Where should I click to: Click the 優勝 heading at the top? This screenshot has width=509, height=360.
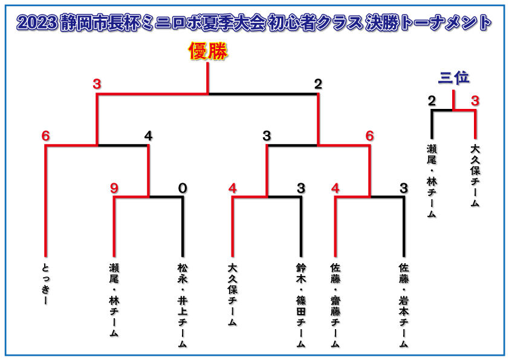(x=208, y=51)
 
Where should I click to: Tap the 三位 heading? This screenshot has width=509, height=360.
(x=453, y=78)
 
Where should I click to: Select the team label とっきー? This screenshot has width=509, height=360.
(x=46, y=284)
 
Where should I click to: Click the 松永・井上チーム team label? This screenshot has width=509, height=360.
(x=183, y=306)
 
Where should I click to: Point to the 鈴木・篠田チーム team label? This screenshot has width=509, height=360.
(x=301, y=306)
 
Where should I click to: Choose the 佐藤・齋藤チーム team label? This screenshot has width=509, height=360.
(x=336, y=306)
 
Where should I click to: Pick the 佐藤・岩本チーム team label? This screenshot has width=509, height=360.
(x=404, y=306)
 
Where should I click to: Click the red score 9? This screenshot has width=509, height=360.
(x=114, y=188)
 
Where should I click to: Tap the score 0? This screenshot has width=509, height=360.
(x=183, y=188)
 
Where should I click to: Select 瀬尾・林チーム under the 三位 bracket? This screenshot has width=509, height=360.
(x=432, y=181)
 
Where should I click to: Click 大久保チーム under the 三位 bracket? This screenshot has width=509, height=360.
(x=475, y=176)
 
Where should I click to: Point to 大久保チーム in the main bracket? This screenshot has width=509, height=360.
(x=232, y=295)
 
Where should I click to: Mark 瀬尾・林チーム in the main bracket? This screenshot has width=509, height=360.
(x=114, y=300)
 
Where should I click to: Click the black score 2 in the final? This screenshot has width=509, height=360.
(x=318, y=84)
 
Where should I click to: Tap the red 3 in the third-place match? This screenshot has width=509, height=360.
(x=475, y=101)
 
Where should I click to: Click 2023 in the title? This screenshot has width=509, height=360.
(x=37, y=23)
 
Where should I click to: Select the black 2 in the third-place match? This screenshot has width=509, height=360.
(x=432, y=101)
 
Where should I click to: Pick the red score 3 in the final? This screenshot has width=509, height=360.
(x=97, y=84)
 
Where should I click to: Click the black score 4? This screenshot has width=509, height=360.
(x=148, y=136)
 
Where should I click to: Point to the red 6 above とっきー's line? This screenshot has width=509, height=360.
(x=46, y=136)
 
